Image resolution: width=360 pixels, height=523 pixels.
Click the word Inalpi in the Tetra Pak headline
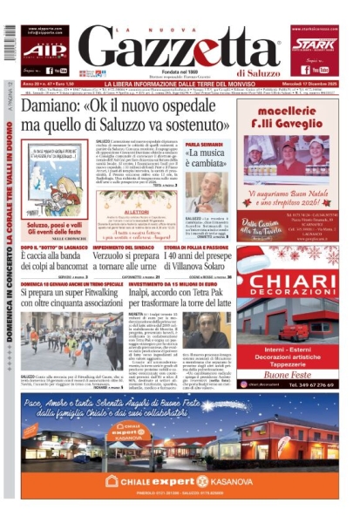click(148, 296)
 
